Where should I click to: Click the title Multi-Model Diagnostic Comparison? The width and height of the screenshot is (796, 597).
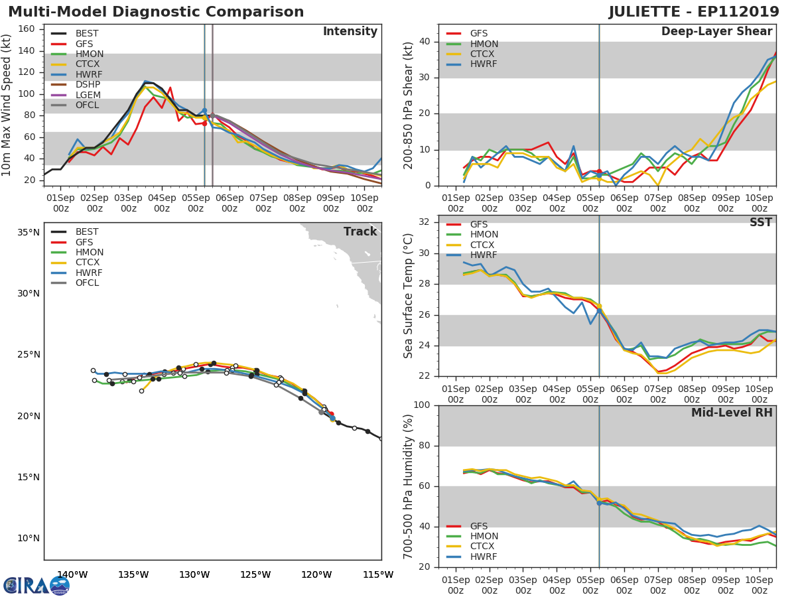(156, 12)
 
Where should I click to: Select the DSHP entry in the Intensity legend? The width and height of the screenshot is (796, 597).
(88, 85)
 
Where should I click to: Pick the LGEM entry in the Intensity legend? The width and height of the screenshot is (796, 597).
(88, 95)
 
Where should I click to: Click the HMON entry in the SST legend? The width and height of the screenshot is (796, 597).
(484, 235)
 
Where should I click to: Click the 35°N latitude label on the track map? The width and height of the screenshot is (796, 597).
(29, 233)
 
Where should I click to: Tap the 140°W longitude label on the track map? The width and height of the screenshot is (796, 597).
(72, 574)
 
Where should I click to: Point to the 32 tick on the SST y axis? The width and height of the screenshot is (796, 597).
(425, 222)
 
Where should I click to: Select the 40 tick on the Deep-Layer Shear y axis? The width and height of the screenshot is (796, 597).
(425, 42)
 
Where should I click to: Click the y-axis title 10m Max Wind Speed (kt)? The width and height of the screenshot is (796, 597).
(8, 105)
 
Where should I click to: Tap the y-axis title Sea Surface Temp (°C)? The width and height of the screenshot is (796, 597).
(409, 296)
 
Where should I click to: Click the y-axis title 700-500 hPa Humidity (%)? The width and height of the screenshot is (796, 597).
(409, 486)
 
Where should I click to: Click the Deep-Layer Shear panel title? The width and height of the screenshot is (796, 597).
(716, 32)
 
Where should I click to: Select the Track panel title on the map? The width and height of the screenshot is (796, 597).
(360, 232)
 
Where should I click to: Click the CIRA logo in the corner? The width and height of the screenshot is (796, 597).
(36, 586)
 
